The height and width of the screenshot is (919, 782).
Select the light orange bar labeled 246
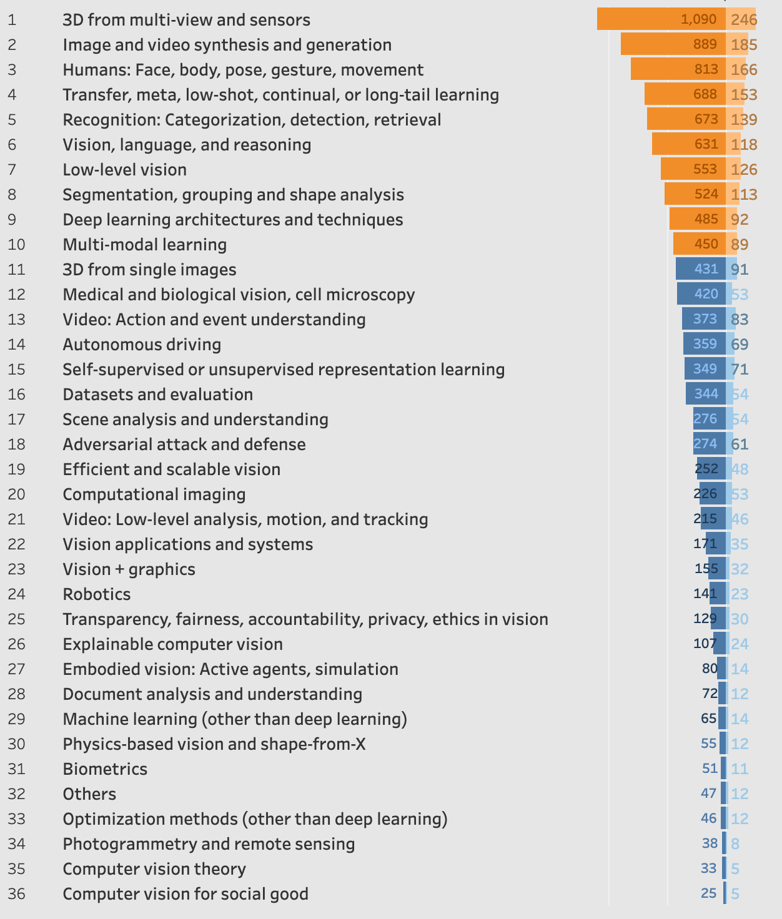coord(741,19)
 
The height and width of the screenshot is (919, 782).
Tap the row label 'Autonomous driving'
coord(142,344)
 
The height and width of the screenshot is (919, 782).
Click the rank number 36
coord(16,893)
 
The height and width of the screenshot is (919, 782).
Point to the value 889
coord(706,44)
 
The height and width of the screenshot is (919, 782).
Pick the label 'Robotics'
coord(97,594)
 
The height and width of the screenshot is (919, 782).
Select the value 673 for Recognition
coord(706,119)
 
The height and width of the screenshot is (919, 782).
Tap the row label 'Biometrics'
coord(105,769)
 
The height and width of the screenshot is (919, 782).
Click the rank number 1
coord(12,19)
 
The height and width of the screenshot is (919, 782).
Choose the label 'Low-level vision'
coord(124,169)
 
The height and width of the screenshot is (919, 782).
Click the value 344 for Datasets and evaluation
coord(706,394)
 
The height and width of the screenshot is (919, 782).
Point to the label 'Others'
coord(89,794)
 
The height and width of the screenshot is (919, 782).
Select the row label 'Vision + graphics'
coord(129,569)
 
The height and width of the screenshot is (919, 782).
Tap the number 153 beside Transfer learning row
coord(744,94)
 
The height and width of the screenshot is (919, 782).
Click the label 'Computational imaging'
coord(154,494)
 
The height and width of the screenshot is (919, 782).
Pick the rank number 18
coord(16,444)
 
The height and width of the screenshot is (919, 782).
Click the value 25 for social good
coord(708,893)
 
